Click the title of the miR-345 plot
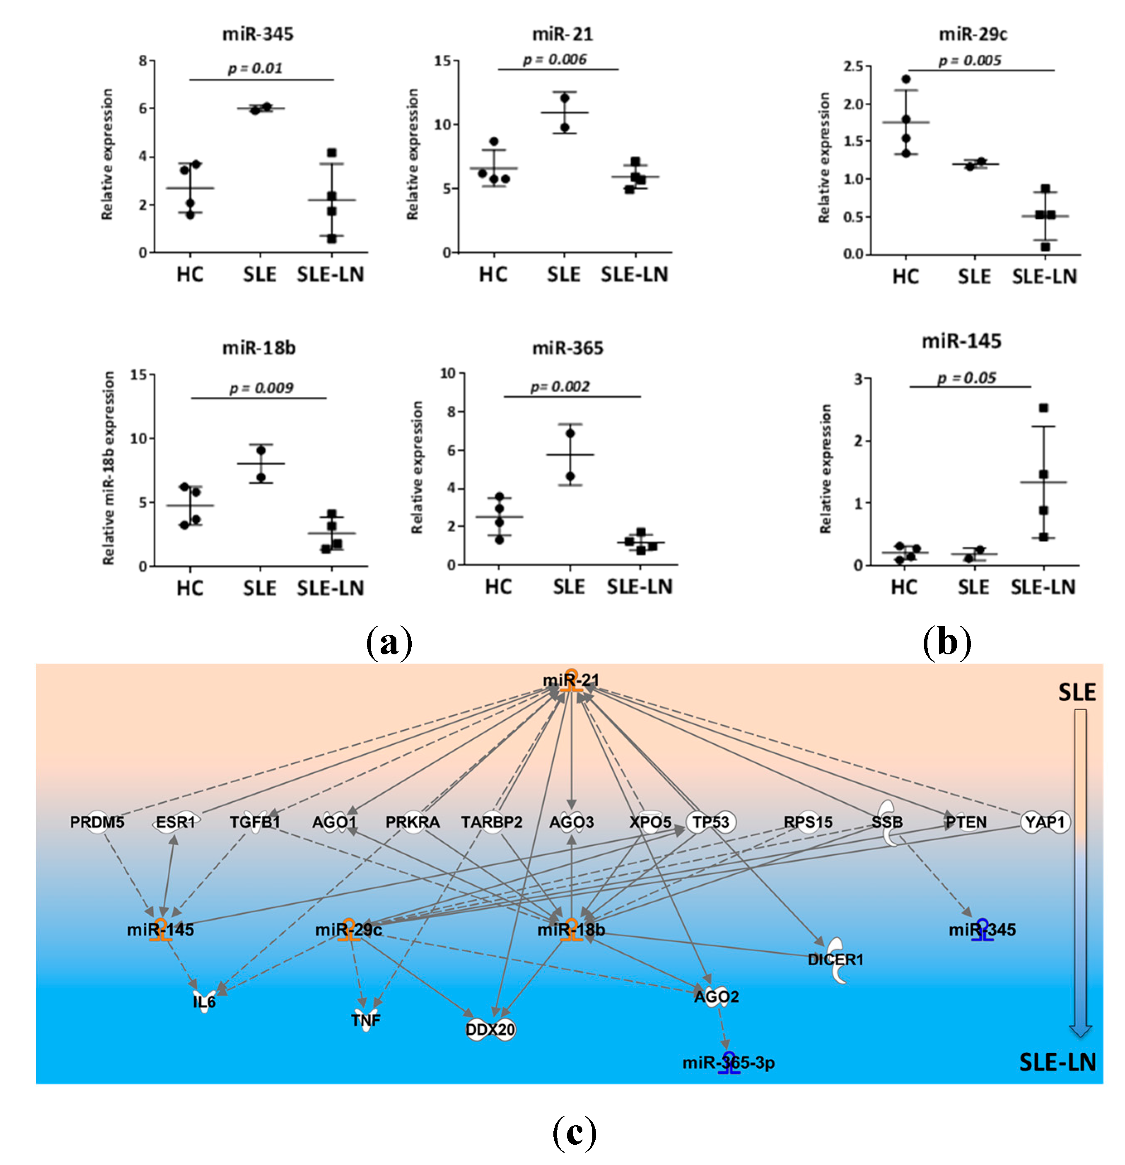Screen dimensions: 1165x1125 click(258, 34)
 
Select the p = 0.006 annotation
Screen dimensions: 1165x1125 click(554, 60)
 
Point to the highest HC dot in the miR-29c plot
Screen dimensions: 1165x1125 click(905, 79)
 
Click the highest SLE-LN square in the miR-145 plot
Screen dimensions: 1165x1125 click(1043, 408)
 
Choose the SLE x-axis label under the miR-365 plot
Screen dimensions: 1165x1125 click(568, 587)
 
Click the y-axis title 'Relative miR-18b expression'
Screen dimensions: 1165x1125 click(108, 468)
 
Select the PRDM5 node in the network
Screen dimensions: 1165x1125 click(97, 822)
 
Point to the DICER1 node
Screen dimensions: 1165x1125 click(835, 959)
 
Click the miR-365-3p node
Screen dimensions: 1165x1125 click(729, 1063)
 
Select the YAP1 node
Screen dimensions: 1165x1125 click(1045, 822)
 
